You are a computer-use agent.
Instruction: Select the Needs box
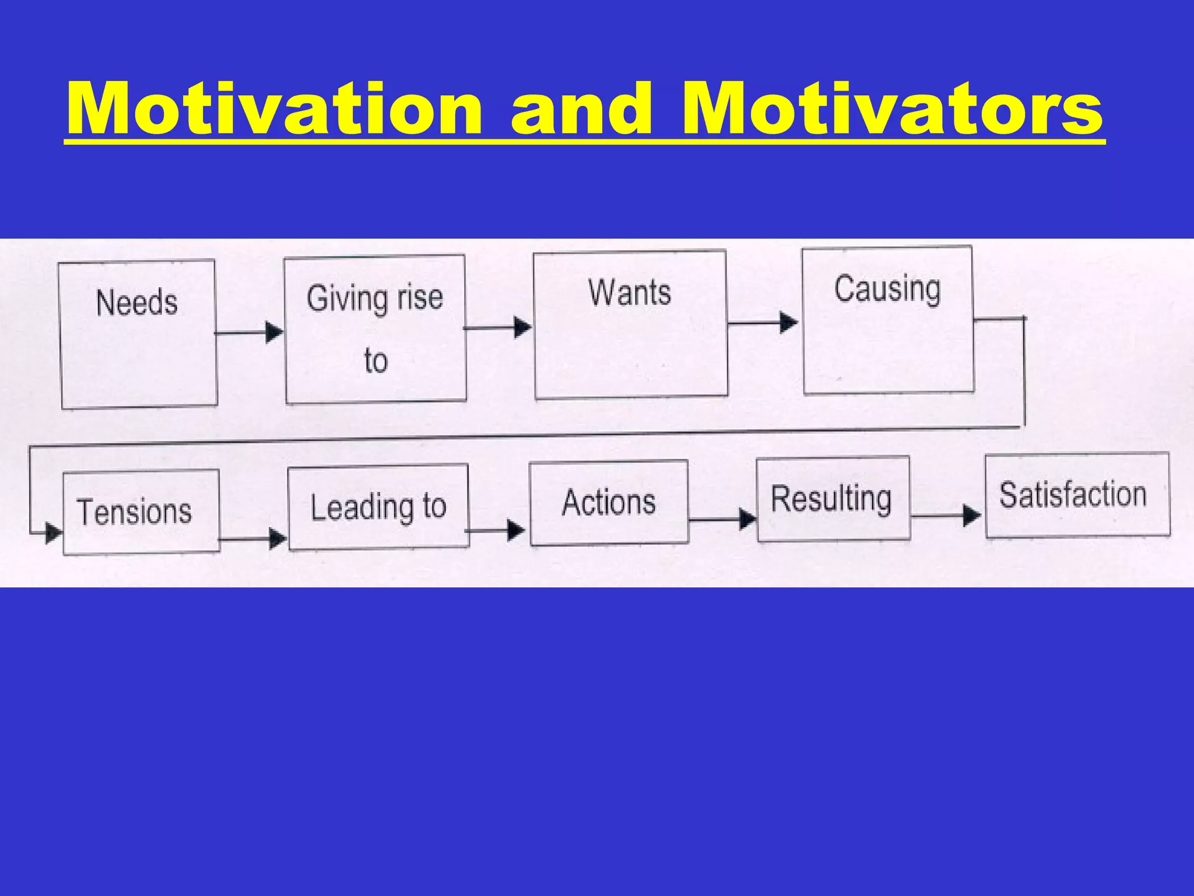pos(138,334)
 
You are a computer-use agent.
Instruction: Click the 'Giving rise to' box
pos(375,329)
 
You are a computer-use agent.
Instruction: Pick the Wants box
pos(630,324)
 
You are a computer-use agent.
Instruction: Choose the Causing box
pos(888,320)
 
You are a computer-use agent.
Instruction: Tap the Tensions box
pos(141,512)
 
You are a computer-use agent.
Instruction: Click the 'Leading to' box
pos(378,506)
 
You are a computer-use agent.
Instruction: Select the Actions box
pos(609,502)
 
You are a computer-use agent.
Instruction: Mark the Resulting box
pos(833,499)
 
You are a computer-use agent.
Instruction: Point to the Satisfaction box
pos(1077,495)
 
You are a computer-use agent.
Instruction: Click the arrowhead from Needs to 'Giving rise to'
pos(274,332)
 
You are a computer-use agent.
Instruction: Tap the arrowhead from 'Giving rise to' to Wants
pos(522,327)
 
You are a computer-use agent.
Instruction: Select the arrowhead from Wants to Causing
pos(789,322)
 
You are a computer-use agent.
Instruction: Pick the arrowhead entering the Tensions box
pos(54,533)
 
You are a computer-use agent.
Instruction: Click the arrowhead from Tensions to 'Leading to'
pos(278,538)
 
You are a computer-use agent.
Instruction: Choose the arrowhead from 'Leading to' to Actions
pos(516,530)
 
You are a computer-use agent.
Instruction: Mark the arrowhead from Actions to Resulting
pos(747,519)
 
